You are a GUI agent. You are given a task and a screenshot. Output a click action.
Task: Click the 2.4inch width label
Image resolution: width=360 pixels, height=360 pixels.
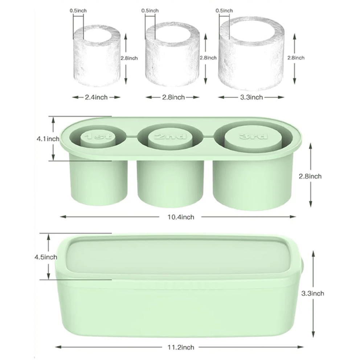point(96,97)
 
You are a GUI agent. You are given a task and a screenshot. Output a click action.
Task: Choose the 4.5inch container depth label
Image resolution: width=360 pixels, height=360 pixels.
point(45,257)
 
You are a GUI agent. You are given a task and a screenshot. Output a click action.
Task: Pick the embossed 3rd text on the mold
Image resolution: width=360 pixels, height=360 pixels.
point(254,136)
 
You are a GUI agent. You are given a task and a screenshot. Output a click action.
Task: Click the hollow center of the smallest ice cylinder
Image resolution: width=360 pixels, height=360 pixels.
point(97,38)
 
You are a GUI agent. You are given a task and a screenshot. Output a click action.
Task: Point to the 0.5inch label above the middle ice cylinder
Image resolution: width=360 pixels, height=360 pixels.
point(150,11)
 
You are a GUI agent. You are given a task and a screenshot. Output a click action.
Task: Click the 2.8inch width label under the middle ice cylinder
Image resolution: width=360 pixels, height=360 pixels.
point(173,97)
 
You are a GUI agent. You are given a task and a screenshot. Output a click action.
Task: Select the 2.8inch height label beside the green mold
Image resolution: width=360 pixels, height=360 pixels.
point(310,176)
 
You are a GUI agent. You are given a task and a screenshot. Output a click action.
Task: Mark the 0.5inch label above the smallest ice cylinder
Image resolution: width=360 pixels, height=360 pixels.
point(78,11)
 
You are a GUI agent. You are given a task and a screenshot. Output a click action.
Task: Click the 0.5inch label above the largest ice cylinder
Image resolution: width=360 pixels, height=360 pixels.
point(224,11)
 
